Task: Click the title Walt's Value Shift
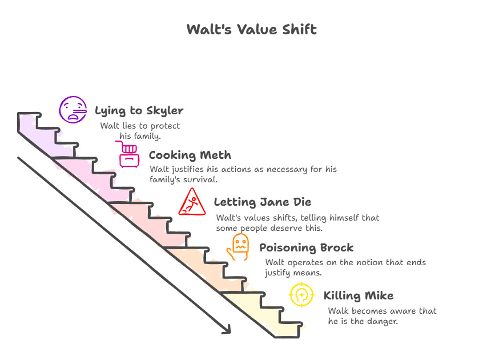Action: (x=251, y=30)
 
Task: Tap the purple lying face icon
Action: (x=73, y=109)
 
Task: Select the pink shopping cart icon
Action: (x=129, y=154)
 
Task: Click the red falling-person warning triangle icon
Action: (x=191, y=202)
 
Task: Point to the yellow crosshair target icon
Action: (x=301, y=295)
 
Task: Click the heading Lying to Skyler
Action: (x=139, y=110)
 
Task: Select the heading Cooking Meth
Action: (x=190, y=155)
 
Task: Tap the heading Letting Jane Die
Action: (x=263, y=202)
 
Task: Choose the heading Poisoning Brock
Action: (x=307, y=248)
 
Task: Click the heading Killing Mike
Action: (x=358, y=295)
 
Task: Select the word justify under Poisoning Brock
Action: (x=280, y=273)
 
